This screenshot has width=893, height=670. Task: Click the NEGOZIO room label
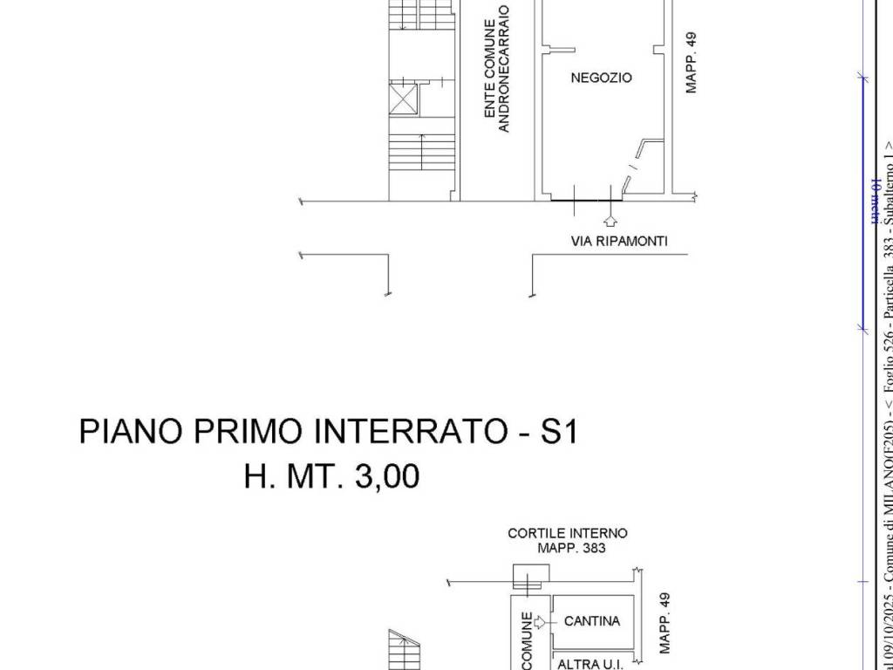click(x=601, y=78)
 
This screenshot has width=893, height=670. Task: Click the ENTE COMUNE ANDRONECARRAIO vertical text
click(x=496, y=78)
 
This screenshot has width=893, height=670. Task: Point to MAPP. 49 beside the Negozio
click(x=691, y=63)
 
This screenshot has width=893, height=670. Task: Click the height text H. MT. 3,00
click(x=331, y=476)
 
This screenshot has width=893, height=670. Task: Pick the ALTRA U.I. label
click(x=590, y=664)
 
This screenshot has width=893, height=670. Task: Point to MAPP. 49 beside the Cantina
click(x=666, y=623)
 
